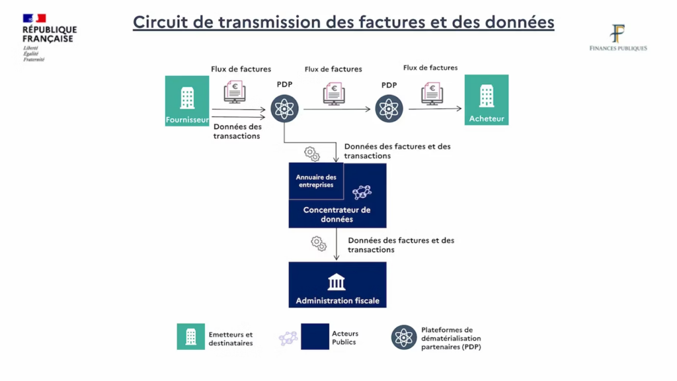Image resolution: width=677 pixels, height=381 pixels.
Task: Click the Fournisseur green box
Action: pyautogui.click(x=187, y=101)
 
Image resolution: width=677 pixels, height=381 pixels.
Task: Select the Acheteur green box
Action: pyautogui.click(x=487, y=100)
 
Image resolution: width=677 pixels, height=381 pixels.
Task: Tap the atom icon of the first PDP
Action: pyautogui.click(x=285, y=108)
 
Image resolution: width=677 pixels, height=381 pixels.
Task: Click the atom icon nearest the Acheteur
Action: pyautogui.click(x=389, y=108)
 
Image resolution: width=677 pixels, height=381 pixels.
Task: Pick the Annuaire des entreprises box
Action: pyautogui.click(x=316, y=181)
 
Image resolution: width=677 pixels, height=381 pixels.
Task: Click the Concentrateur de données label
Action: pyautogui.click(x=337, y=214)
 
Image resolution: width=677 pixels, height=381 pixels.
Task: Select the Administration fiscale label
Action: pyautogui.click(x=337, y=300)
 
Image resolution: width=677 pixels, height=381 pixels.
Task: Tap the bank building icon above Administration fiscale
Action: pyautogui.click(x=337, y=282)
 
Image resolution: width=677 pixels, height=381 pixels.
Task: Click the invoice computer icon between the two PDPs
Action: pyautogui.click(x=334, y=93)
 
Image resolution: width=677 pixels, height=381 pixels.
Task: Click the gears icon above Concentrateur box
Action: pyautogui.click(x=312, y=154)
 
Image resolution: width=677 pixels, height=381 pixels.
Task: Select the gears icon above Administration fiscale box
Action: pyautogui.click(x=319, y=243)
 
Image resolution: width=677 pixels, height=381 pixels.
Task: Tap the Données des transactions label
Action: pyautogui.click(x=237, y=131)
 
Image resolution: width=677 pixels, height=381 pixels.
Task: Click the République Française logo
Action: pyautogui.click(x=50, y=37)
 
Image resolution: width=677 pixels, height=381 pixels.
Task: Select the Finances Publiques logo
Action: pyautogui.click(x=617, y=38)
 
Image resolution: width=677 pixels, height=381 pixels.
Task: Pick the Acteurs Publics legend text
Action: pyautogui.click(x=344, y=338)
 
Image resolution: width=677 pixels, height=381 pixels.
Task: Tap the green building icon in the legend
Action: pyautogui.click(x=191, y=337)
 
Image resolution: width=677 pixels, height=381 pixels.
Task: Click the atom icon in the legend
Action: pyautogui.click(x=403, y=337)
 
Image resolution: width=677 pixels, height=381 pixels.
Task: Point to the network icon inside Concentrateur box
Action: pyautogui.click(x=362, y=192)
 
